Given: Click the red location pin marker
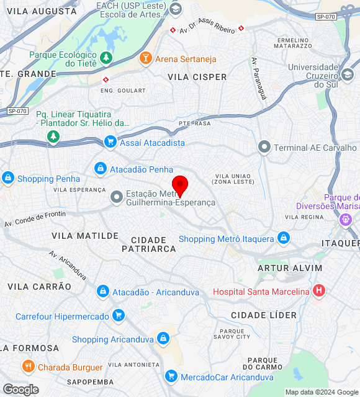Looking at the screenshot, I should (x=179, y=185).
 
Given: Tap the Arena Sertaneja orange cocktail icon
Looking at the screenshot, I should (x=145, y=59).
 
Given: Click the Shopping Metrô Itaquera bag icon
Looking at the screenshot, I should (x=284, y=239).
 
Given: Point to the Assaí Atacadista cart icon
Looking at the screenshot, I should (x=110, y=142).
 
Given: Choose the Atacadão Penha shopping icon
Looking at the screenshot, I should (x=100, y=169).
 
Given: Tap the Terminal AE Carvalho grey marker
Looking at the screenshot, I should (x=264, y=148).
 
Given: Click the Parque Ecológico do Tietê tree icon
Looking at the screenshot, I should (x=106, y=58).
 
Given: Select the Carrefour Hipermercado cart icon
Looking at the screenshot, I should (x=119, y=316).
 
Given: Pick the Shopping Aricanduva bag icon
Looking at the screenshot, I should (x=163, y=339).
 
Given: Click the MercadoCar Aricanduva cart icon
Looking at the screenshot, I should (x=171, y=377).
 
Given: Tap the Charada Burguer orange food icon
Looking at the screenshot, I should (x=28, y=367).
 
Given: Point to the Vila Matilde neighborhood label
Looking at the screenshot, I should (x=85, y=236).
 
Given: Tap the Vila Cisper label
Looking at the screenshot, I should (x=197, y=77).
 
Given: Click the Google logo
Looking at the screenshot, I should (x=20, y=390).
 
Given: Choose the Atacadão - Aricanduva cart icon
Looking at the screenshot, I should (x=102, y=292).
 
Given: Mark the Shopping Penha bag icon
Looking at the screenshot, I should (x=7, y=179).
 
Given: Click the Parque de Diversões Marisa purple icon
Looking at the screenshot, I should (x=346, y=219).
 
